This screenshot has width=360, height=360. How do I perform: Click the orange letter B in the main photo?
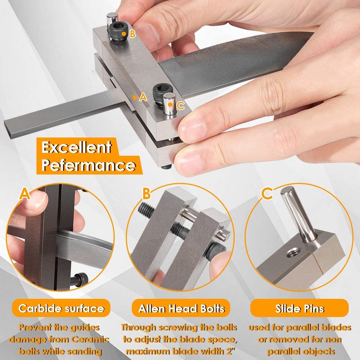pos(132,34)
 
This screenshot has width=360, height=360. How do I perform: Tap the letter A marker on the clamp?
pos(143,97)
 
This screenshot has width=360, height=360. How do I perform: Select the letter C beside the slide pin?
pos(181,105)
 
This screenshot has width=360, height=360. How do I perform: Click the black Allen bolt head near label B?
pos(117,31)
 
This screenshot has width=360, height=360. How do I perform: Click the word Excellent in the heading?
pos(76,148)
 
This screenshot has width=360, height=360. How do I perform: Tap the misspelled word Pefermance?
pos(88,166)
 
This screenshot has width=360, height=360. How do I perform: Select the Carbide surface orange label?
pos(61,308)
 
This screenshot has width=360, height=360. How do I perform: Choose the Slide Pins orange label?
pos(300,308)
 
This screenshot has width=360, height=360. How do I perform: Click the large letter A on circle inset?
pos(24,194)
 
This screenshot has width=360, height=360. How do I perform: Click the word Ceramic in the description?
pos(90,339)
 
